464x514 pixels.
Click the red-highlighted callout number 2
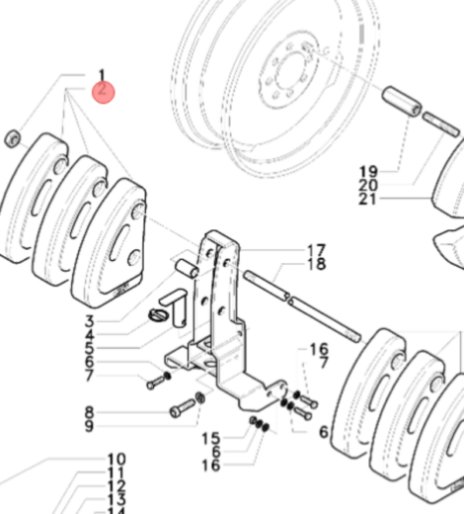(x=103, y=92)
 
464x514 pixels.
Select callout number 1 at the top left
(x=101, y=74)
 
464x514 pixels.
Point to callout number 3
(x=89, y=321)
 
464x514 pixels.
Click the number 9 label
(x=89, y=426)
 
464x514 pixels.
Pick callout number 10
(x=116, y=460)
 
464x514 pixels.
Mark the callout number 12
(x=116, y=487)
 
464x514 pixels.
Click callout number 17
(x=315, y=249)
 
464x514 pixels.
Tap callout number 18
(x=315, y=264)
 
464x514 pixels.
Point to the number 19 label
(x=368, y=170)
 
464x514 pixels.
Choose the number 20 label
(x=368, y=185)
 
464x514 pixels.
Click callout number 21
(x=368, y=199)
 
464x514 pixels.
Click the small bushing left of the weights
(x=12, y=136)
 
